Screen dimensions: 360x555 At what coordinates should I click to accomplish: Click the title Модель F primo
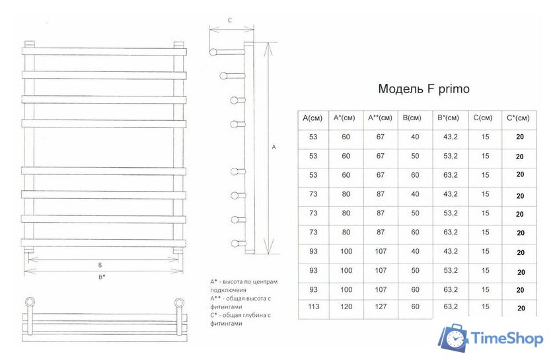424,89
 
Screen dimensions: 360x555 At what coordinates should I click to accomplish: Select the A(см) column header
313,118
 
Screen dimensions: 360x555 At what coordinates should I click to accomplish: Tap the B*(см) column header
448,118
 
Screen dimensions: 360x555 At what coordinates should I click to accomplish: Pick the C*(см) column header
518,118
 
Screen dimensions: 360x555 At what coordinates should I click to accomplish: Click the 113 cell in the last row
313,307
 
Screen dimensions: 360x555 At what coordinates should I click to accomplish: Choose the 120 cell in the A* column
346,307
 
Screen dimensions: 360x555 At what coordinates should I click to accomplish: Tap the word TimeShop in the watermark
507,339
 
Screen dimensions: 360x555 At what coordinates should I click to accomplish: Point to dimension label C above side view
229,20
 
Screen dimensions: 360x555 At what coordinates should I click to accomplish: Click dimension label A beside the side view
274,148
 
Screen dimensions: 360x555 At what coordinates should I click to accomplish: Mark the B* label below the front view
102,277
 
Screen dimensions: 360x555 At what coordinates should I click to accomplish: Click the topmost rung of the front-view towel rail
102,51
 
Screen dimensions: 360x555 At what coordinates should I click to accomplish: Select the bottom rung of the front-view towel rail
102,242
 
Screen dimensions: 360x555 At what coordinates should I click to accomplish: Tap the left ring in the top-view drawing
29,303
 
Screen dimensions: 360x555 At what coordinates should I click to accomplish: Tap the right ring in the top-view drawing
178,303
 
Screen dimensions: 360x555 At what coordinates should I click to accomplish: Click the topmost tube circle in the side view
214,52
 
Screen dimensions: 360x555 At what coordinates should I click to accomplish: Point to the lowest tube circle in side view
235,242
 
